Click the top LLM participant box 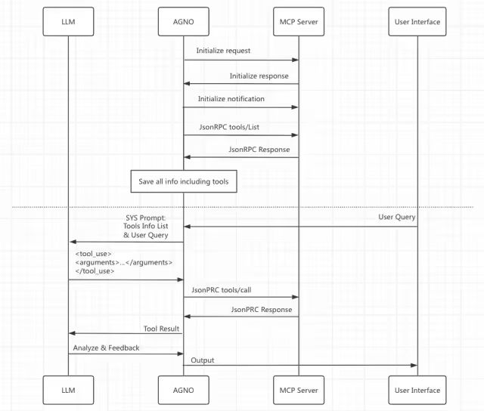click(x=68, y=21)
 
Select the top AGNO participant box click(x=183, y=21)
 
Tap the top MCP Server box click(x=299, y=21)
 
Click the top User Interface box click(x=417, y=21)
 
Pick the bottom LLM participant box click(x=68, y=390)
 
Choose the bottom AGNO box click(x=183, y=390)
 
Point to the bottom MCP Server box click(x=299, y=390)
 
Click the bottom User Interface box click(x=417, y=390)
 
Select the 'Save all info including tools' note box click(x=183, y=181)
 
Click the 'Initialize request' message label click(x=223, y=51)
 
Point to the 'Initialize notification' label click(x=231, y=99)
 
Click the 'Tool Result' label click(x=160, y=329)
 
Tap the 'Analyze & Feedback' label click(x=106, y=348)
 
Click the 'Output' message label click(x=203, y=360)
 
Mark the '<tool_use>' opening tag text click(x=93, y=253)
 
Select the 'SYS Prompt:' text click(x=147, y=218)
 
